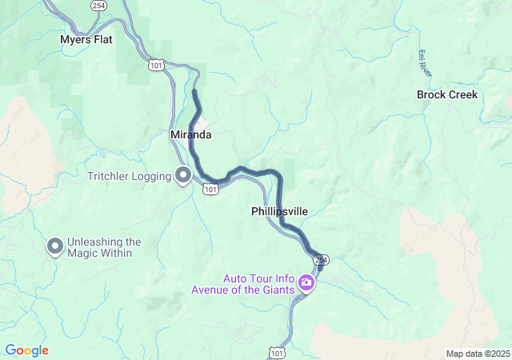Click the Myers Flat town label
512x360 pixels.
[x=86, y=39]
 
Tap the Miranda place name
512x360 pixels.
[x=190, y=135]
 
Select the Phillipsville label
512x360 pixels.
[x=279, y=211]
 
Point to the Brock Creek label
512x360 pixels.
[x=447, y=94]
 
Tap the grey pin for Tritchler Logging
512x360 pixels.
[x=183, y=174]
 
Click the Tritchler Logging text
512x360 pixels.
[x=131, y=175]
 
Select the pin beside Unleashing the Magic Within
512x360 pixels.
[x=55, y=246]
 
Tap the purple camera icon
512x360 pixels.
[x=306, y=282]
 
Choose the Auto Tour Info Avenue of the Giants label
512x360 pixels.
[x=254, y=284]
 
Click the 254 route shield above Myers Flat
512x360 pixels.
[x=98, y=6]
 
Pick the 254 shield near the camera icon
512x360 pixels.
[x=321, y=261]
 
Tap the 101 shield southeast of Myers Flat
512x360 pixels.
[x=157, y=65]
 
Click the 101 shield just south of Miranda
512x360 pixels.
[x=210, y=189]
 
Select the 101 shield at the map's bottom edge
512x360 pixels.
[x=277, y=352]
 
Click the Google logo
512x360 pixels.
[x=26, y=350]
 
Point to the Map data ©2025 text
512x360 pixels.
[x=478, y=354]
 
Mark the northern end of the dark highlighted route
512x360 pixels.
[x=194, y=93]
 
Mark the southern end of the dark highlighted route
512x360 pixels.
[x=317, y=255]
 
